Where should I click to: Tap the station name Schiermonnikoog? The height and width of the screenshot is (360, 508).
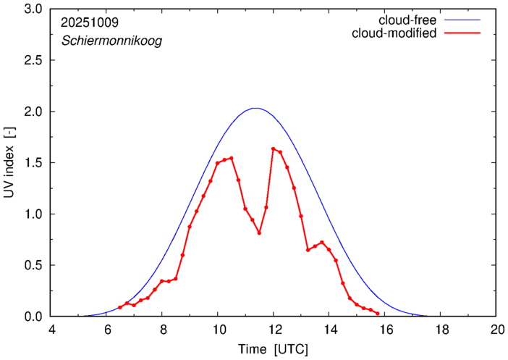click(x=111, y=41)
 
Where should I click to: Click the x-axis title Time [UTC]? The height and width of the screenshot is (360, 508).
click(x=273, y=349)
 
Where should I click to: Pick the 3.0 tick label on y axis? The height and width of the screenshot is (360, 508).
click(x=33, y=9)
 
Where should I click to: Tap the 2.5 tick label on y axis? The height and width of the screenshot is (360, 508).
click(x=33, y=61)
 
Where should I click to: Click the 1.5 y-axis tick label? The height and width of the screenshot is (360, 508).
click(x=33, y=163)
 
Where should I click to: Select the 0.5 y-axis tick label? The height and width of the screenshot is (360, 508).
click(x=33, y=266)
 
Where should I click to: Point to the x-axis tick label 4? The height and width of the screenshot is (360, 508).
click(x=51, y=329)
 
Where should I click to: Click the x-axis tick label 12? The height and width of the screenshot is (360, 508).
click(x=274, y=329)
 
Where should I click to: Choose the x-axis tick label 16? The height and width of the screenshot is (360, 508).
click(x=385, y=329)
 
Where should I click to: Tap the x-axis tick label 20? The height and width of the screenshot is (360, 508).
click(x=496, y=329)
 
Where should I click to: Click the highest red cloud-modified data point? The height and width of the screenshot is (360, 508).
click(x=273, y=148)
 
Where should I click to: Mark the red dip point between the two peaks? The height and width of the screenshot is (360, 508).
click(x=259, y=233)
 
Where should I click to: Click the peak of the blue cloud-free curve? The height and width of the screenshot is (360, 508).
click(x=255, y=109)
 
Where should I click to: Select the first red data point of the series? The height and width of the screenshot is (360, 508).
click(x=120, y=308)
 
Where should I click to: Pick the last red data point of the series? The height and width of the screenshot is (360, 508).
click(x=378, y=314)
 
